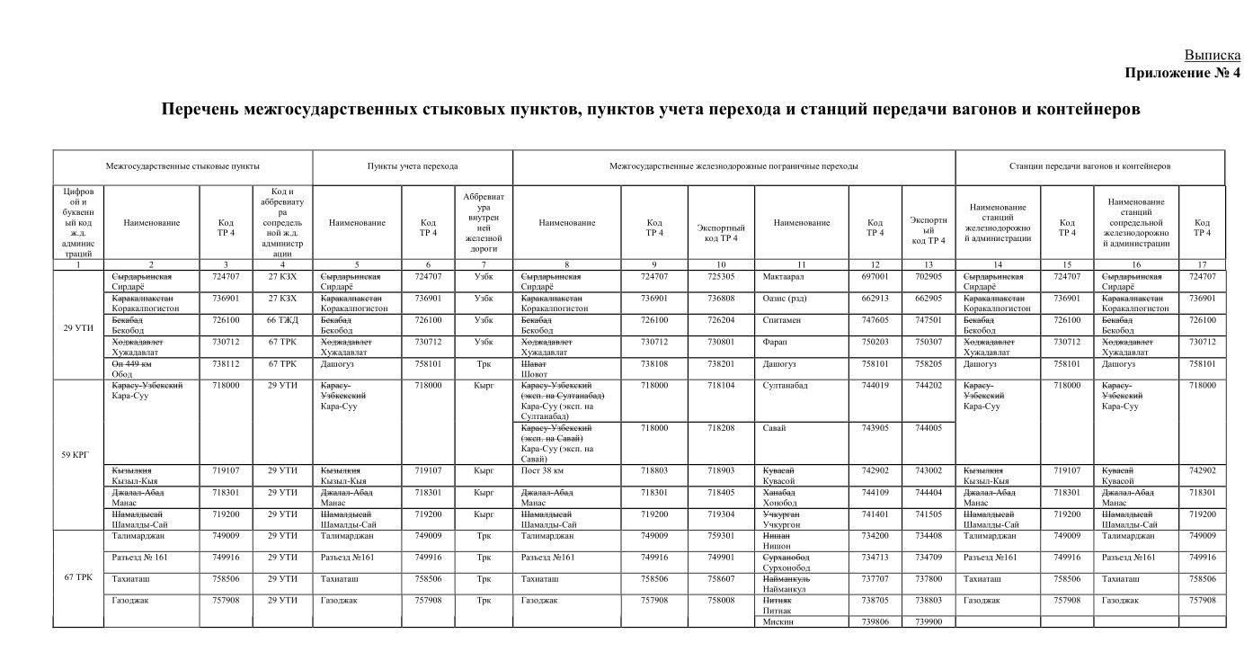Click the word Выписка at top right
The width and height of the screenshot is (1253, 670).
[x=1212, y=55]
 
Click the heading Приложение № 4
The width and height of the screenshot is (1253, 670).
[x=1182, y=73]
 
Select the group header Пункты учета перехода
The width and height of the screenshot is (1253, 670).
[x=413, y=166]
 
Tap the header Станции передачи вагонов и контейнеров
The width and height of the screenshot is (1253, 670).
[x=1089, y=166]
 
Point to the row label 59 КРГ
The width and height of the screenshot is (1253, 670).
[x=78, y=454]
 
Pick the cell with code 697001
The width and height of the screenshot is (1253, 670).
[x=875, y=277]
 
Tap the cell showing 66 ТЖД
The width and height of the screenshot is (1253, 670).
[x=281, y=320]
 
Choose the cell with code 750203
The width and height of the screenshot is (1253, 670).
[x=875, y=342]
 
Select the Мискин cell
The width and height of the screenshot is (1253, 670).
[x=778, y=621]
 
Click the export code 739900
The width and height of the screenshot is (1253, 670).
[x=929, y=621]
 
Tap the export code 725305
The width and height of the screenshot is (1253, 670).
[x=721, y=277]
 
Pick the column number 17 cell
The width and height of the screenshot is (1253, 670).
[x=1201, y=264]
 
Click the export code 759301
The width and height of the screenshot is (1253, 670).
[x=721, y=535]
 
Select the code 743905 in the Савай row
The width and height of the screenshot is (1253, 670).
[x=875, y=428]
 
